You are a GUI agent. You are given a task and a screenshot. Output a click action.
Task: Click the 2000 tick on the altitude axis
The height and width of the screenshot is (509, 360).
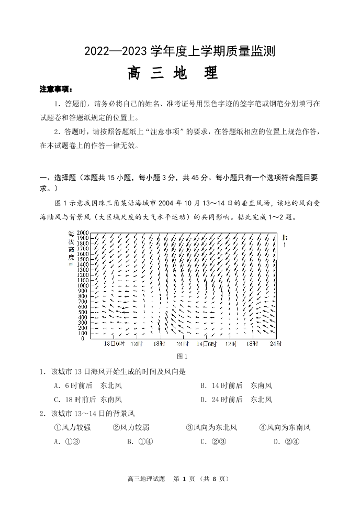tap(82, 232)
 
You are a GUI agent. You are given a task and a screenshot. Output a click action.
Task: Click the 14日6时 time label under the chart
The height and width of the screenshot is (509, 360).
tap(206, 344)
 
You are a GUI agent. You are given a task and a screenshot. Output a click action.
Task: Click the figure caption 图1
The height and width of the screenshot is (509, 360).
tap(183, 357)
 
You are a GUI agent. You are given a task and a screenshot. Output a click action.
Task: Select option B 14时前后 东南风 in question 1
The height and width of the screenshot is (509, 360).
tap(236, 386)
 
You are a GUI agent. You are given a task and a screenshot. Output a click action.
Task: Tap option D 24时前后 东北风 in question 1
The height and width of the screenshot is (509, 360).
tap(236, 400)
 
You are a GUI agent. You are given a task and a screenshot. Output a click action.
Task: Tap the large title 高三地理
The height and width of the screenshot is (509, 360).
tap(173, 72)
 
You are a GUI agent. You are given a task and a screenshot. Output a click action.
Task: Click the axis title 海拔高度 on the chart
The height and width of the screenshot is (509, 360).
tap(71, 248)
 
